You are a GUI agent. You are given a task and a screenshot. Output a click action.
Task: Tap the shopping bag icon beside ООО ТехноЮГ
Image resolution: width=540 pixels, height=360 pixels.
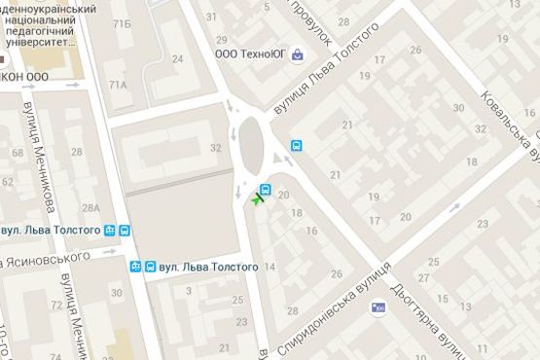tap(297, 54)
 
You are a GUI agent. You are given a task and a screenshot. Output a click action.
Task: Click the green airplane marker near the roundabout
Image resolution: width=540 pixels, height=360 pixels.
tap(257, 199)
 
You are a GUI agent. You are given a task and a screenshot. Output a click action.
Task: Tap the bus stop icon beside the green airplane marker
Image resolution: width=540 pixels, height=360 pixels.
tap(265, 189)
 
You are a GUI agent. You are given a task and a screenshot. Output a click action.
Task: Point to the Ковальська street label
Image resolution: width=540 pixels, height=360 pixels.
tap(509, 122)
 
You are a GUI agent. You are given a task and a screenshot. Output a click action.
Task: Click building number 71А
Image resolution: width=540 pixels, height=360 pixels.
tap(119, 85)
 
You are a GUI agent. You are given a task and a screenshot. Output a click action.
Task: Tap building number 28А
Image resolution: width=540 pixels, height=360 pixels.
tap(90, 208)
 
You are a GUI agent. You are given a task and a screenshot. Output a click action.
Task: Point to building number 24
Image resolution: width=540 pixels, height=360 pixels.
tap(177, 59)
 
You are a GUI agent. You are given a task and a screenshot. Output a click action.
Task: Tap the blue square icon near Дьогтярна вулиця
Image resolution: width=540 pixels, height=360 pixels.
tap(378, 307)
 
